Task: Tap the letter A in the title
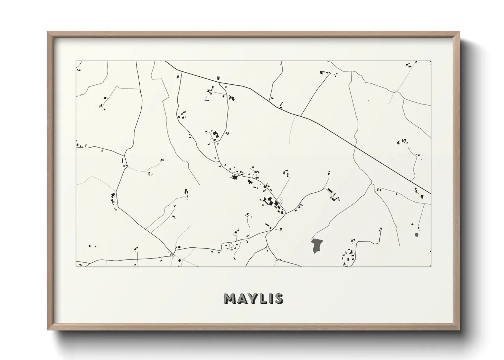(243, 299)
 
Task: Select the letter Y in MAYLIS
(254, 299)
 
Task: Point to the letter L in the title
(263, 299)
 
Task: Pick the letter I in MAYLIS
(270, 299)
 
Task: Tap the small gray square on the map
(416, 234)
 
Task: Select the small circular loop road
(232, 245)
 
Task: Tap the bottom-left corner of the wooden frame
(48, 330)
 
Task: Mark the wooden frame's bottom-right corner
(459, 330)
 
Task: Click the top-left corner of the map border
(76, 61)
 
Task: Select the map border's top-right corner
(431, 61)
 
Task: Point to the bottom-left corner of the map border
(76, 266)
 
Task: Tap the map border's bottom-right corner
(431, 266)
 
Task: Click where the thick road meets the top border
(166, 62)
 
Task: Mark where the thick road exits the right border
(430, 194)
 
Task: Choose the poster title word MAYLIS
(253, 299)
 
